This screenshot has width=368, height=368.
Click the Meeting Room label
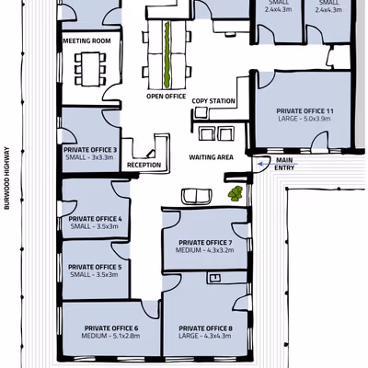[x=86, y=40]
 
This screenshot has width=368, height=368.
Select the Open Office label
[x=167, y=97]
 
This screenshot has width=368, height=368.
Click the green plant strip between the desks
[x=167, y=54]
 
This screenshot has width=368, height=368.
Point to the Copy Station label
[x=213, y=101]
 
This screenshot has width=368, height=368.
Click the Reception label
[x=144, y=165]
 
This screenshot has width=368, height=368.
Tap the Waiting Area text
[x=211, y=157]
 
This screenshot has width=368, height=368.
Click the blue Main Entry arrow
[x=278, y=164]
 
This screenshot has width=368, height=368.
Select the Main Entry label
[x=284, y=164]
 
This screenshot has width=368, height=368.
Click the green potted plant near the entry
[x=236, y=194]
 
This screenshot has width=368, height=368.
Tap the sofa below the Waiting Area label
[x=197, y=197]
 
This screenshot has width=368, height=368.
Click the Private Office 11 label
[x=305, y=111]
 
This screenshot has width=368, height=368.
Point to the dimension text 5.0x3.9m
[x=317, y=119]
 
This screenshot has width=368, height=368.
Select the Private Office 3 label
[x=90, y=150]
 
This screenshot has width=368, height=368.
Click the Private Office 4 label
[x=95, y=219]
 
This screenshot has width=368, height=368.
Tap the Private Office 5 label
[x=95, y=267]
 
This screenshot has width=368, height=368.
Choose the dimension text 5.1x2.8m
[x=126, y=336]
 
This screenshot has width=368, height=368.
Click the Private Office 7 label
[x=205, y=243]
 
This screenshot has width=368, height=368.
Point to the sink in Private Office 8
[x=215, y=278]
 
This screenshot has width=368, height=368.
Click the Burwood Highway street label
[x=7, y=178]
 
